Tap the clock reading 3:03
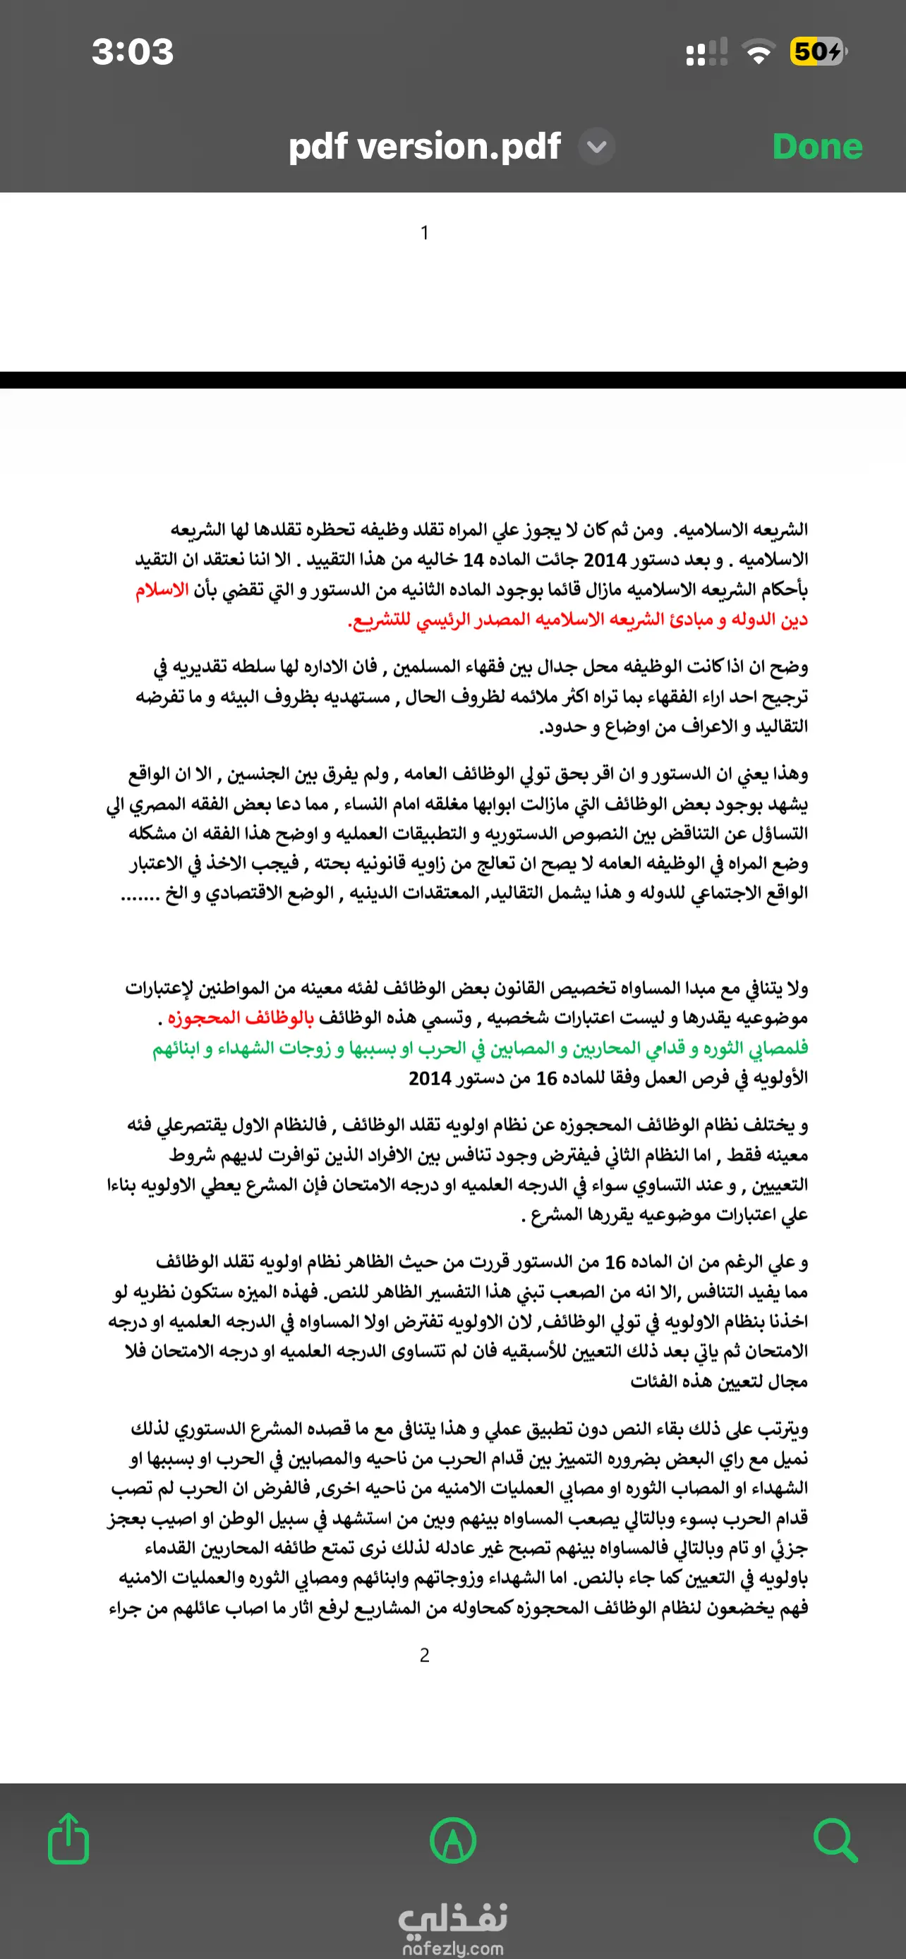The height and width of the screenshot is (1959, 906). tap(133, 51)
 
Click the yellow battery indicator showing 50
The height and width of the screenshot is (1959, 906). tap(817, 51)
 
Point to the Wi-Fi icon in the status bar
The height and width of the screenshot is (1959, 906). tap(758, 52)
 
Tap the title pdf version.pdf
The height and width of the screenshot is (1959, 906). tap(425, 146)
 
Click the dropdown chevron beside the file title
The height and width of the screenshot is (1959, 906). tap(597, 147)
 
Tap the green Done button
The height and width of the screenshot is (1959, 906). tap(817, 147)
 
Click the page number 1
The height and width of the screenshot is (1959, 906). tap(425, 233)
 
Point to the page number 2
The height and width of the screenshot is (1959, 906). tap(425, 1655)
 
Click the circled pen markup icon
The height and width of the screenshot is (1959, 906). tap(452, 1841)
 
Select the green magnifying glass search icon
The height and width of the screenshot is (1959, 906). tap(835, 1841)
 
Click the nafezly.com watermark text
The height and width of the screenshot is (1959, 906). tap(452, 1948)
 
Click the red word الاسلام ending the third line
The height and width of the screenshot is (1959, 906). tap(162, 590)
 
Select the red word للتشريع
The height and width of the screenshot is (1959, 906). tap(380, 621)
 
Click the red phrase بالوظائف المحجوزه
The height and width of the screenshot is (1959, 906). tap(241, 1018)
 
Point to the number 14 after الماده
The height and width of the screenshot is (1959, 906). tap(473, 561)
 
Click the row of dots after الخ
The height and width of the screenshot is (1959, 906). tap(139, 894)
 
